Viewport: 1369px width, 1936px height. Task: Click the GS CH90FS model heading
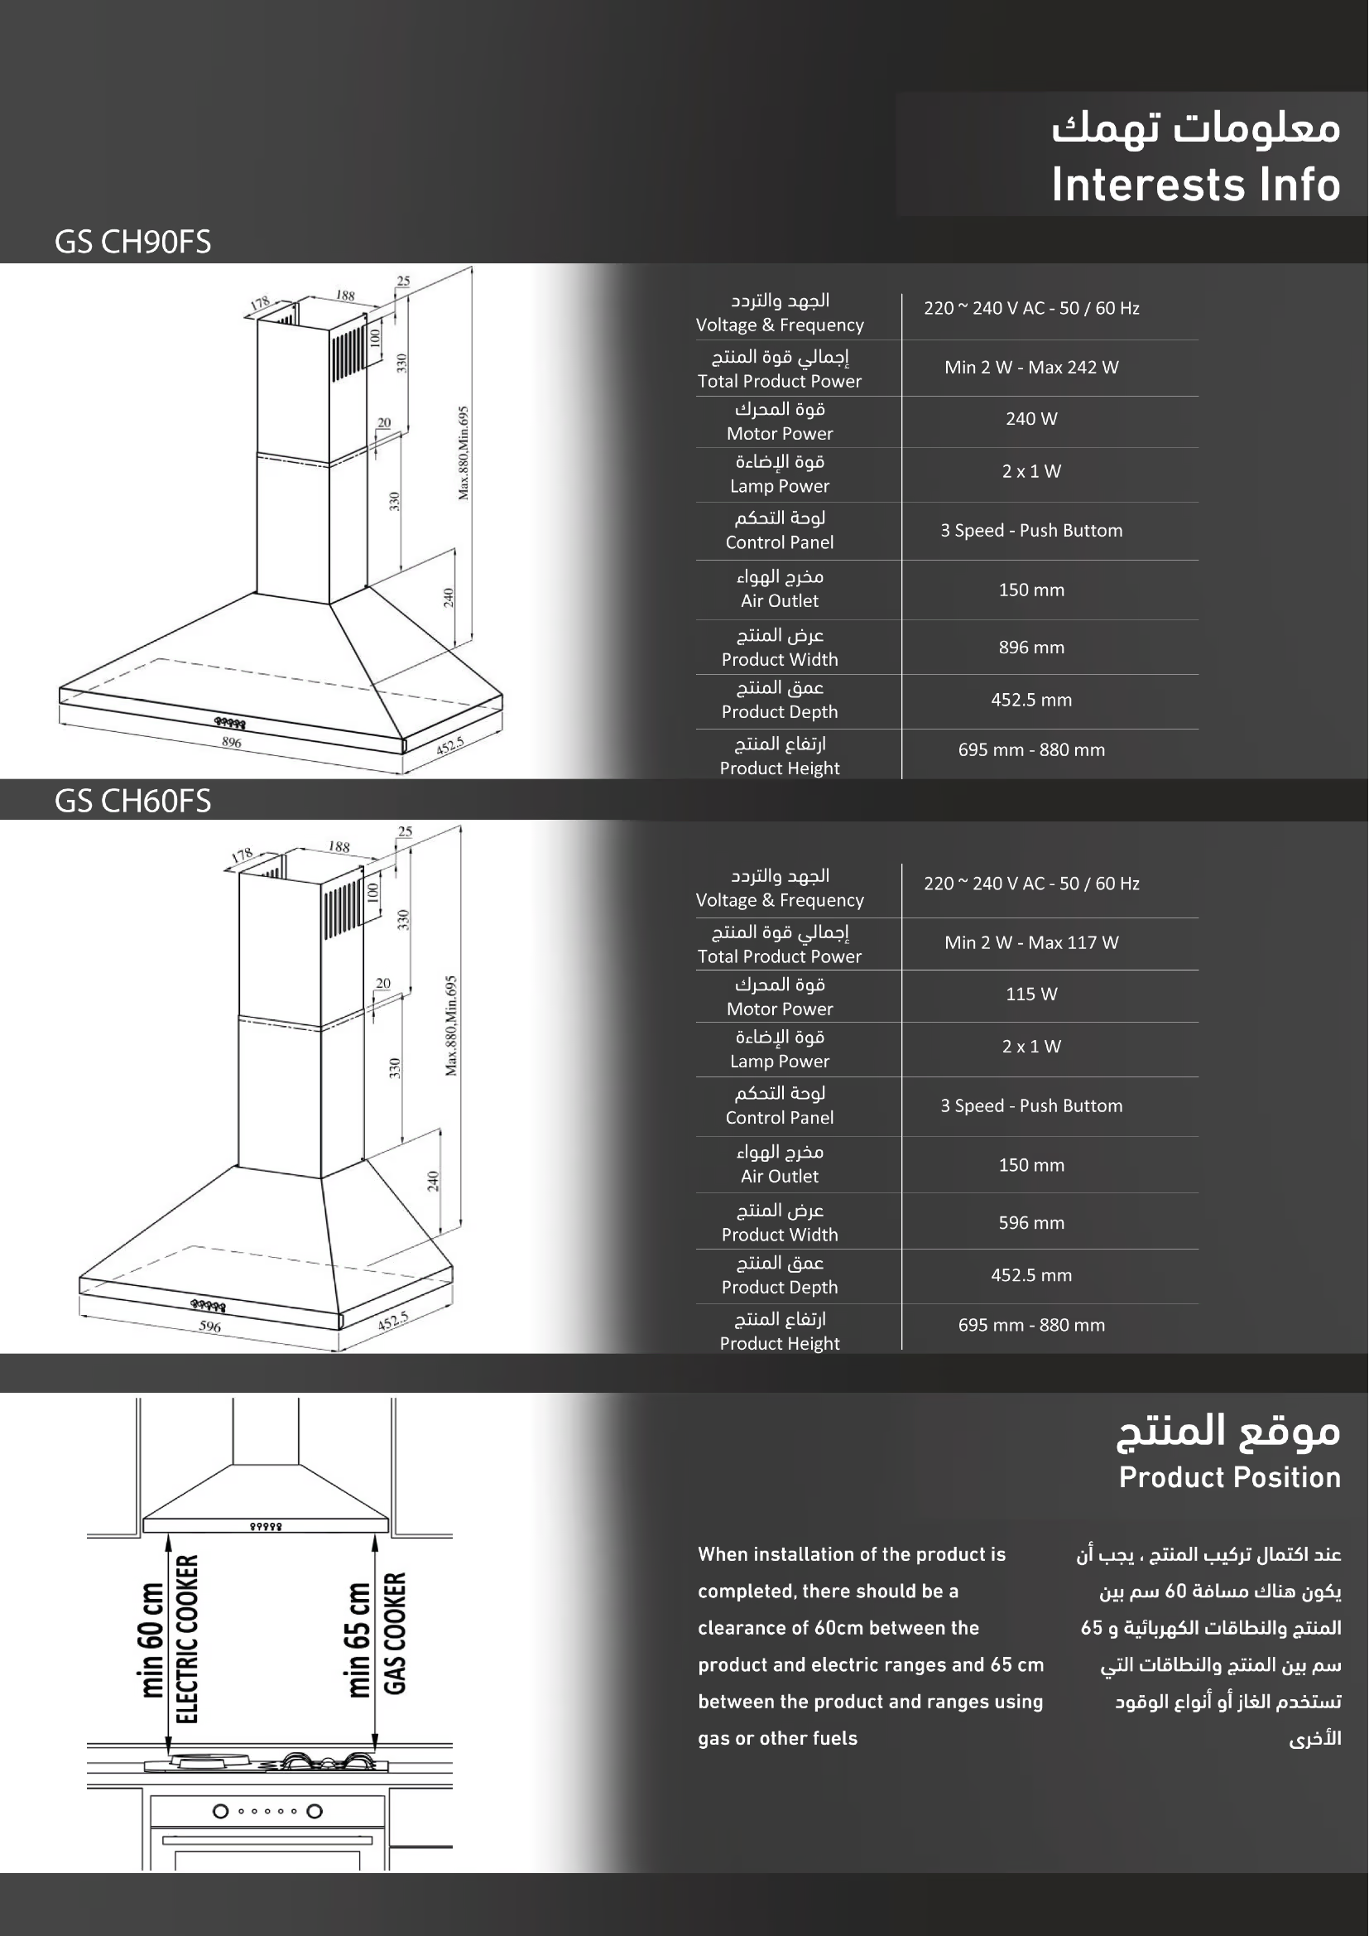132,242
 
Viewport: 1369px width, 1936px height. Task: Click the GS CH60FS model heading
132,801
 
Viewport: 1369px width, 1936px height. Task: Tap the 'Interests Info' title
1194,185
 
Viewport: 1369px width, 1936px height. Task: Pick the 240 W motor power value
1031,419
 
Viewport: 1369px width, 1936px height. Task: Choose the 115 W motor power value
1031,994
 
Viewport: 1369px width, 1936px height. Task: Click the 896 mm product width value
1031,648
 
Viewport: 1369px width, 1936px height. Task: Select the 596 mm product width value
1031,1223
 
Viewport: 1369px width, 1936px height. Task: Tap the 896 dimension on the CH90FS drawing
232,742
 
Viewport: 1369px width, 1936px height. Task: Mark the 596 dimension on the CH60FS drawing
210,1327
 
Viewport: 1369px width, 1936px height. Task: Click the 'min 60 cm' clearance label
151,1640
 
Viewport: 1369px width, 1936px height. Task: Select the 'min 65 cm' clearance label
358,1640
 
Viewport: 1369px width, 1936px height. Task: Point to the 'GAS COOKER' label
395,1633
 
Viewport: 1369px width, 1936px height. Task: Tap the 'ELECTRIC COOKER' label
186,1640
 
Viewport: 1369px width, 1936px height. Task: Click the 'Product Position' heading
1229,1477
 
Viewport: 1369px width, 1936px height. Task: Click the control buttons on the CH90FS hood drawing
229,723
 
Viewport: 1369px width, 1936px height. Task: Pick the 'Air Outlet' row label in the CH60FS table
779,1177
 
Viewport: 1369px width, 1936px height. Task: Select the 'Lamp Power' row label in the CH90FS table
779,487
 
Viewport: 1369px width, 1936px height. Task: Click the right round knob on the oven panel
315,1811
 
